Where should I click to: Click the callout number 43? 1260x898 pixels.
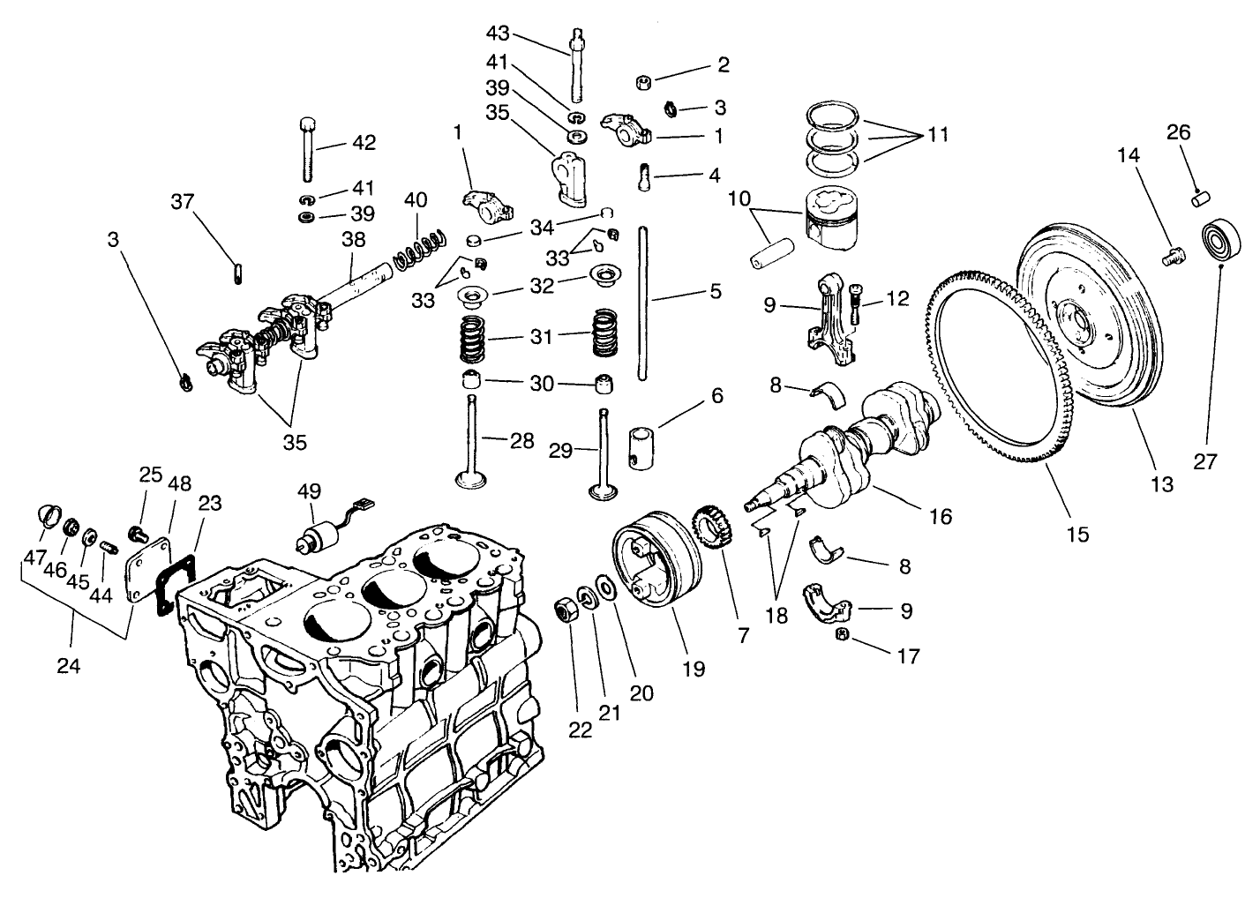498,33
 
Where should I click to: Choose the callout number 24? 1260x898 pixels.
68,666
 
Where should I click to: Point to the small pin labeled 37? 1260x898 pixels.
238,273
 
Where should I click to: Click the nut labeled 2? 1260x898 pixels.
644,83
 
